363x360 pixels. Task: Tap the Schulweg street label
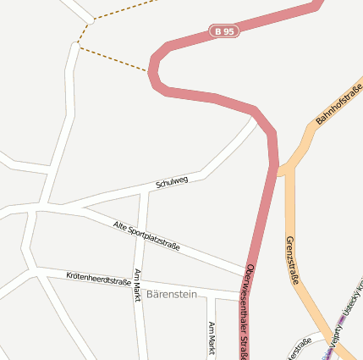click(172, 181)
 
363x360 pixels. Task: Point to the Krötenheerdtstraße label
click(98, 278)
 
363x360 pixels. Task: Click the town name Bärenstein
click(172, 294)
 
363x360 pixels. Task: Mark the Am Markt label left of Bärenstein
click(137, 286)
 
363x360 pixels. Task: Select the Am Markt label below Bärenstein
click(212, 338)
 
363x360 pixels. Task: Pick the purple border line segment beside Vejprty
click(342, 320)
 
